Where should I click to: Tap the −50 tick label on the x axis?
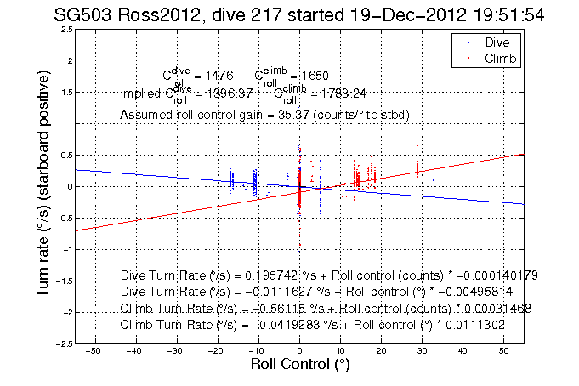(94, 350)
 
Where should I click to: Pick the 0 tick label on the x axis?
(299, 350)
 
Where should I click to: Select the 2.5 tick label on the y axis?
(65, 29)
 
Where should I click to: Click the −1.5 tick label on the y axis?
(62, 281)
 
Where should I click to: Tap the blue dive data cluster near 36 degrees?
(446, 200)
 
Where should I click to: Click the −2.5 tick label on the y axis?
(62, 343)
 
